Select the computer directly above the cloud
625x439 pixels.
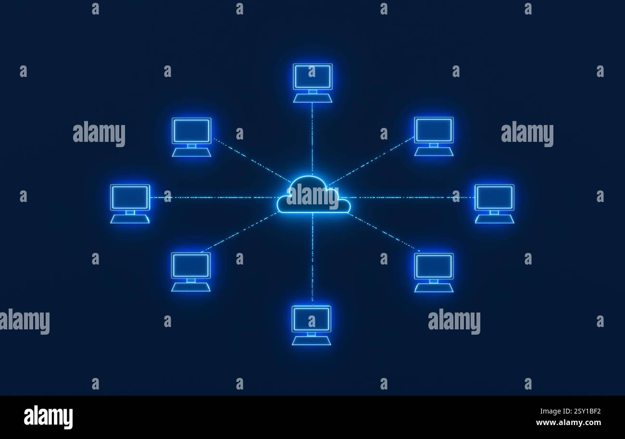tap(312, 83)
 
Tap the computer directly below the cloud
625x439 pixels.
tap(312, 326)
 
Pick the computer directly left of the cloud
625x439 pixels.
tap(130, 204)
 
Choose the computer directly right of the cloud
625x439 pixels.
tap(494, 204)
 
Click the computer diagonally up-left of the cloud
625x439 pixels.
tap(191, 137)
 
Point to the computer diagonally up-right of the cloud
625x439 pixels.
tap(434, 137)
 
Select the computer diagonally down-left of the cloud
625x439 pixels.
tap(191, 272)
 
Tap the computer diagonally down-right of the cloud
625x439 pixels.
tap(434, 273)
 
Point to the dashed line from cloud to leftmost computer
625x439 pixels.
tap(214, 198)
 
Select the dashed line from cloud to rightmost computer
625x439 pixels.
tap(412, 198)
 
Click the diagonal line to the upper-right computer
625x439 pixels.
tap(371, 161)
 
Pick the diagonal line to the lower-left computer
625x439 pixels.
tap(240, 232)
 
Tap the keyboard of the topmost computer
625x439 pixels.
tap(312, 99)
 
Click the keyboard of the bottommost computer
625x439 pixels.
tap(312, 341)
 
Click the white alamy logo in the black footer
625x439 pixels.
tap(48, 417)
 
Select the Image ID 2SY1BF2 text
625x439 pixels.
tap(570, 411)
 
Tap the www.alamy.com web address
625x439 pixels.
tap(568, 423)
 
